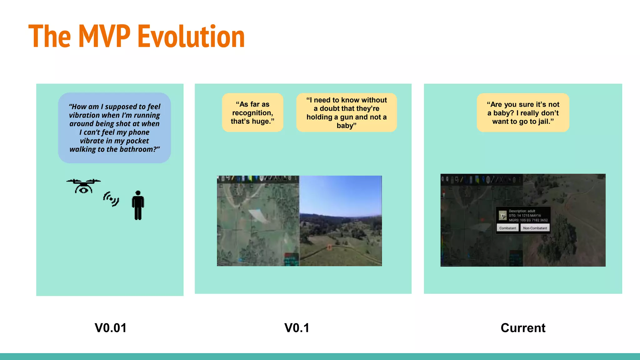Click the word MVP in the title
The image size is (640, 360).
pos(104,37)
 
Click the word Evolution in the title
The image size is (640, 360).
pos(191,37)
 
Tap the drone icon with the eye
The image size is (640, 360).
pos(83,186)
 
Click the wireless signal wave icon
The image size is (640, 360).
pos(111,199)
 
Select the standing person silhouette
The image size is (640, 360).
pos(138,205)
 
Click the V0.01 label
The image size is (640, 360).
pos(111,328)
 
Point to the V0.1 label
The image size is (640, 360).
pos(297,328)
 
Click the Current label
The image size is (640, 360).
pos(523,328)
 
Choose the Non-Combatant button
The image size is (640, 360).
pos(535,228)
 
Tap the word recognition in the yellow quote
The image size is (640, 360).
pos(252,113)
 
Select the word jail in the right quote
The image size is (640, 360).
pos(543,122)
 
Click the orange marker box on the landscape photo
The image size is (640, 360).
pos(329,247)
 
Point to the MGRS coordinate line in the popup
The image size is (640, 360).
pos(528,220)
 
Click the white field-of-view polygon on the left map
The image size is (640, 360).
pos(258,215)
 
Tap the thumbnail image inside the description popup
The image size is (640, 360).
pos(502,215)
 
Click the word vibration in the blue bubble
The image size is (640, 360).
pos(83,115)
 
